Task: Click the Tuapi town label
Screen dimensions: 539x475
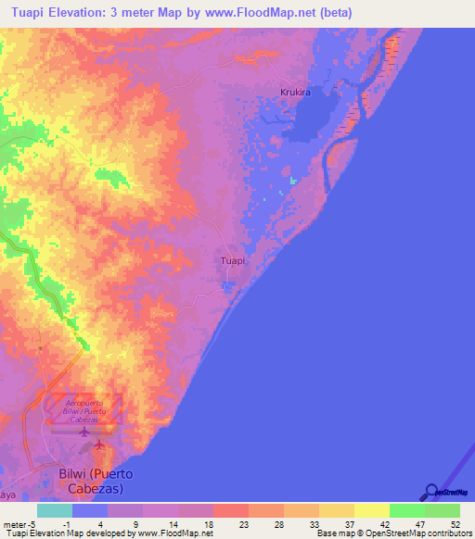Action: [x=233, y=261]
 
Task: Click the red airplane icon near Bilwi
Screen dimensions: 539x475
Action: [x=99, y=447]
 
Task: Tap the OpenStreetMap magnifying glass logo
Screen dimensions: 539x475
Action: [x=431, y=492]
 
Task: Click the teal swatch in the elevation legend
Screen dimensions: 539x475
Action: [x=55, y=510]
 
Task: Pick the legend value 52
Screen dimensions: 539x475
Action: [x=454, y=524]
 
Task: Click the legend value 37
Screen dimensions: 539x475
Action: [x=348, y=524]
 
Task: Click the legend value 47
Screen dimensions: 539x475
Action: [x=418, y=524]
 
